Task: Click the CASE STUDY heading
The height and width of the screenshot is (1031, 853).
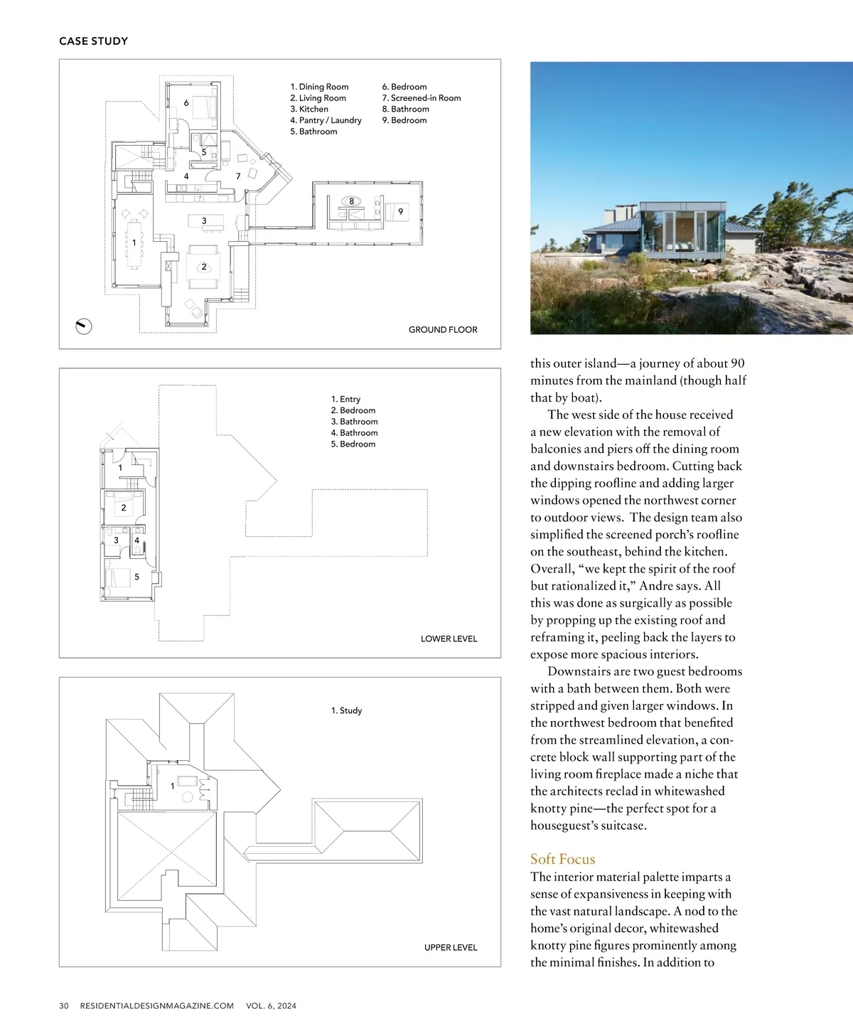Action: point(93,41)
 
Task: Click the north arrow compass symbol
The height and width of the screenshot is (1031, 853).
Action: point(84,326)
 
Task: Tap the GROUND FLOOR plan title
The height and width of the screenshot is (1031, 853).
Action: point(442,330)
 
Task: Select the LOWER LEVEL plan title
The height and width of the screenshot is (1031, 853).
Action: point(449,639)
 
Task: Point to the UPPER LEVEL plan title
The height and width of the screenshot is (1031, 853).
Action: point(451,947)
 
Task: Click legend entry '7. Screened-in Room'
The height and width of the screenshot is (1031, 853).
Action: point(421,98)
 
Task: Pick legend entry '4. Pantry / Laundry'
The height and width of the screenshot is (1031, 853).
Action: point(326,120)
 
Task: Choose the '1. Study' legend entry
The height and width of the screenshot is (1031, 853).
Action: point(346,710)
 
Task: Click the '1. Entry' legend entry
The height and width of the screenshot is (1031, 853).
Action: point(345,399)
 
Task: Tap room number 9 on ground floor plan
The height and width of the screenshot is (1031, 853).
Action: point(401,212)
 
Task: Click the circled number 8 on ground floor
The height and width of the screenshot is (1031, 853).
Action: point(351,201)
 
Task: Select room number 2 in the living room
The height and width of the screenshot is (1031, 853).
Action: point(204,267)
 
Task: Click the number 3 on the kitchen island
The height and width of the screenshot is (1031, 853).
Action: point(204,221)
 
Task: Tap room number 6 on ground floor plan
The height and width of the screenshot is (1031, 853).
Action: point(186,103)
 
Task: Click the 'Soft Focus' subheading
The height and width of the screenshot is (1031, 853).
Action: point(562,859)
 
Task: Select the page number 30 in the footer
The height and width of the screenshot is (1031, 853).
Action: point(64,1005)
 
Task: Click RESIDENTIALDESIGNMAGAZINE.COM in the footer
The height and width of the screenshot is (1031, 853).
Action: point(156,1005)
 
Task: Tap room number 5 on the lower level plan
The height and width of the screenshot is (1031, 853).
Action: point(137,577)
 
